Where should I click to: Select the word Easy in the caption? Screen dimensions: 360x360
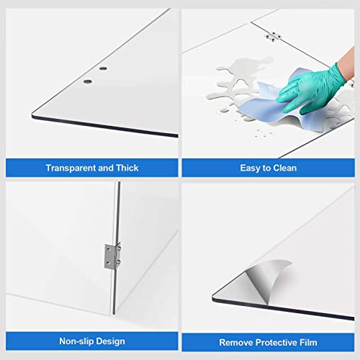tap(250, 168)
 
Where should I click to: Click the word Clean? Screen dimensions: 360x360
tap(287, 168)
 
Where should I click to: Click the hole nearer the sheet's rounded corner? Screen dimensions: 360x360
tap(87, 81)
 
